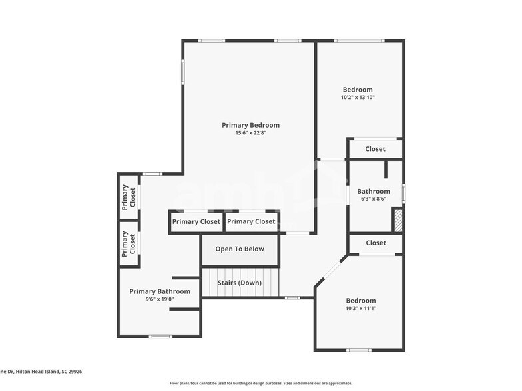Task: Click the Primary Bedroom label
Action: tap(250, 125)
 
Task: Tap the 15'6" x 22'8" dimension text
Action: tap(250, 133)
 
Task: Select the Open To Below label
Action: tap(240, 249)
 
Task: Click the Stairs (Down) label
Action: tap(240, 283)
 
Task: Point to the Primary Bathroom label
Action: tap(160, 291)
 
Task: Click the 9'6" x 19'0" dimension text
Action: tap(160, 299)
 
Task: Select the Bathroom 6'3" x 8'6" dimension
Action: tap(374, 199)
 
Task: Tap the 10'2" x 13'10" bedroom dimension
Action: tap(358, 98)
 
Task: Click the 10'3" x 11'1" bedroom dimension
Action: tap(360, 309)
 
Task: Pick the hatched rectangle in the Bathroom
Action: tap(398, 219)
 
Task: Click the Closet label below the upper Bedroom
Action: tap(376, 149)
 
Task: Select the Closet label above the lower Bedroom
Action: tap(376, 243)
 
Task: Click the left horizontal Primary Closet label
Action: tap(196, 222)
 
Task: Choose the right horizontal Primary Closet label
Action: tap(251, 222)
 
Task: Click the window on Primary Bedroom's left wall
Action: tap(183, 71)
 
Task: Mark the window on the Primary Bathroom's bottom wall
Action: tap(160, 336)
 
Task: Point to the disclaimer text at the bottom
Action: tap(260, 384)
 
